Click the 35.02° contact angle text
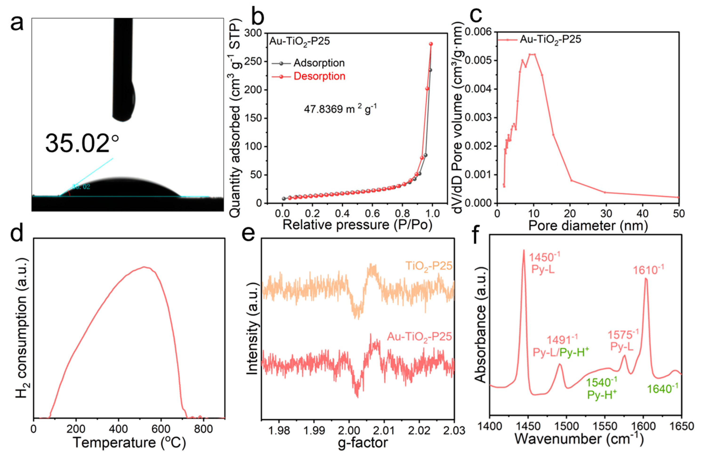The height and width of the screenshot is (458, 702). click(82, 144)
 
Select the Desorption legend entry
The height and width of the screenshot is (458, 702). click(319, 76)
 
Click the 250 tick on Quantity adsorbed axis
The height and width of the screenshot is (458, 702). click(254, 62)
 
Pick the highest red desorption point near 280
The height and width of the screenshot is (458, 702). click(431, 44)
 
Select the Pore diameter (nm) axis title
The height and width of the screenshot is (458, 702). click(588, 226)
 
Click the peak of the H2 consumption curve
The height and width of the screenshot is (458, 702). click(145, 267)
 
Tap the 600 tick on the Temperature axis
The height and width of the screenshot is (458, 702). click(161, 429)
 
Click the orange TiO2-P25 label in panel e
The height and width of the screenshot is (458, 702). click(429, 266)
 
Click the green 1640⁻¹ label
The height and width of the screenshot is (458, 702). click(660, 389)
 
